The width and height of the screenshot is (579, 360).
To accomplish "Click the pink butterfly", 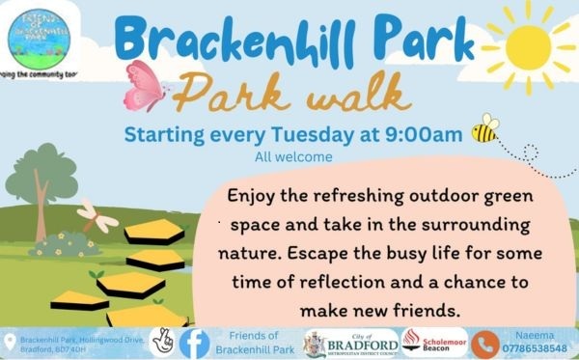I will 146,85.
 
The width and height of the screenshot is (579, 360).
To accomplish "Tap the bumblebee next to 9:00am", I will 484,129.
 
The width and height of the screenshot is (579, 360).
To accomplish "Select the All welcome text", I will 293,156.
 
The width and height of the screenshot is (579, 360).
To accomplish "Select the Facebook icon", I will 195,342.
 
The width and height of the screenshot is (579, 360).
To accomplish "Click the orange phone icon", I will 484,343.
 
